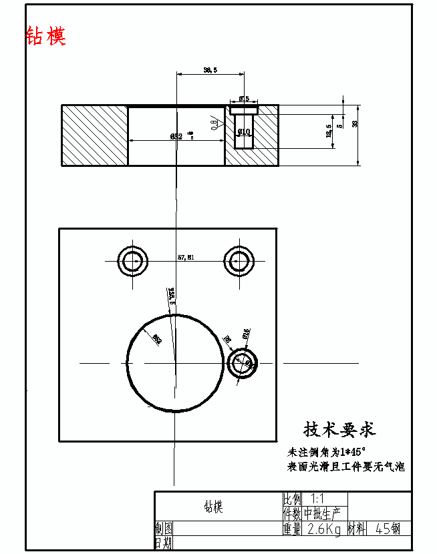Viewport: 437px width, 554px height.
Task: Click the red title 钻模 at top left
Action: [x=46, y=36]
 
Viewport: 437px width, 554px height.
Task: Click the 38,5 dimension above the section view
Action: [x=210, y=69]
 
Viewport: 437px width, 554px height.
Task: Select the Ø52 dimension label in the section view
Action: [x=177, y=136]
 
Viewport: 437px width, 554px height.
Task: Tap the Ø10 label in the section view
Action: [x=244, y=131]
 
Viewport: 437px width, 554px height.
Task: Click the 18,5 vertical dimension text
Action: [x=329, y=130]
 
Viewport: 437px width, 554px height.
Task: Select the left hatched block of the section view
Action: [x=94, y=135]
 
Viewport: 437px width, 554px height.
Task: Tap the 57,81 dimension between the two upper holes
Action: [x=186, y=256]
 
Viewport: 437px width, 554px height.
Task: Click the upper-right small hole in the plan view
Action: [x=239, y=260]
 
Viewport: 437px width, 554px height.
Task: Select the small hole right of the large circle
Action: [x=242, y=363]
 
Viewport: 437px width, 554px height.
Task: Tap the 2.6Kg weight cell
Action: [x=323, y=529]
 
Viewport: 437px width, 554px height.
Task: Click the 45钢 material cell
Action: [x=388, y=529]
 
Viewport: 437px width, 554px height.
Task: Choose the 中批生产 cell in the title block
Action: [x=323, y=514]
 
